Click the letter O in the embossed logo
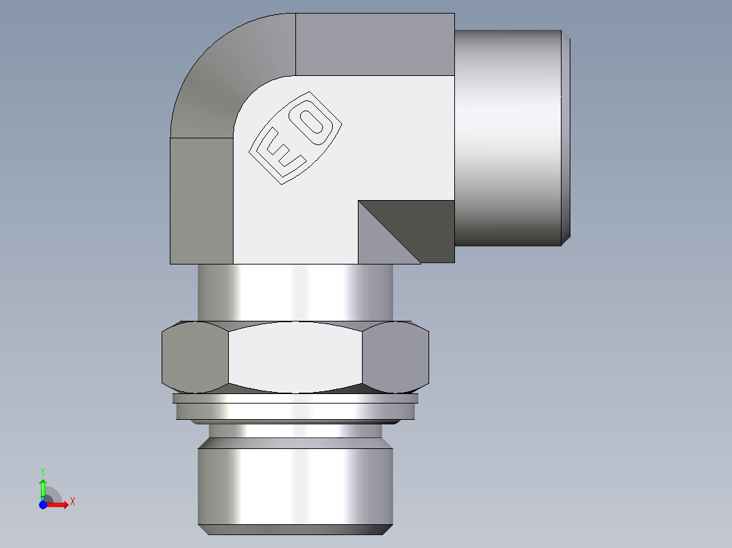tap(313, 121)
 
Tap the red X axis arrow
tap(58, 503)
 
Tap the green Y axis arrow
tap(43, 488)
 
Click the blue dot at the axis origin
tap(43, 503)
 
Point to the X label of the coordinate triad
tap(72, 502)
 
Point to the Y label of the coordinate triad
tap(42, 471)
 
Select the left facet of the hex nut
tap(196, 357)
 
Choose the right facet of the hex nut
tap(395, 357)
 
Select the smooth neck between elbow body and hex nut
tap(295, 292)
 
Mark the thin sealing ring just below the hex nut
tap(295, 411)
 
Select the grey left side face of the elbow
tap(201, 200)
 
